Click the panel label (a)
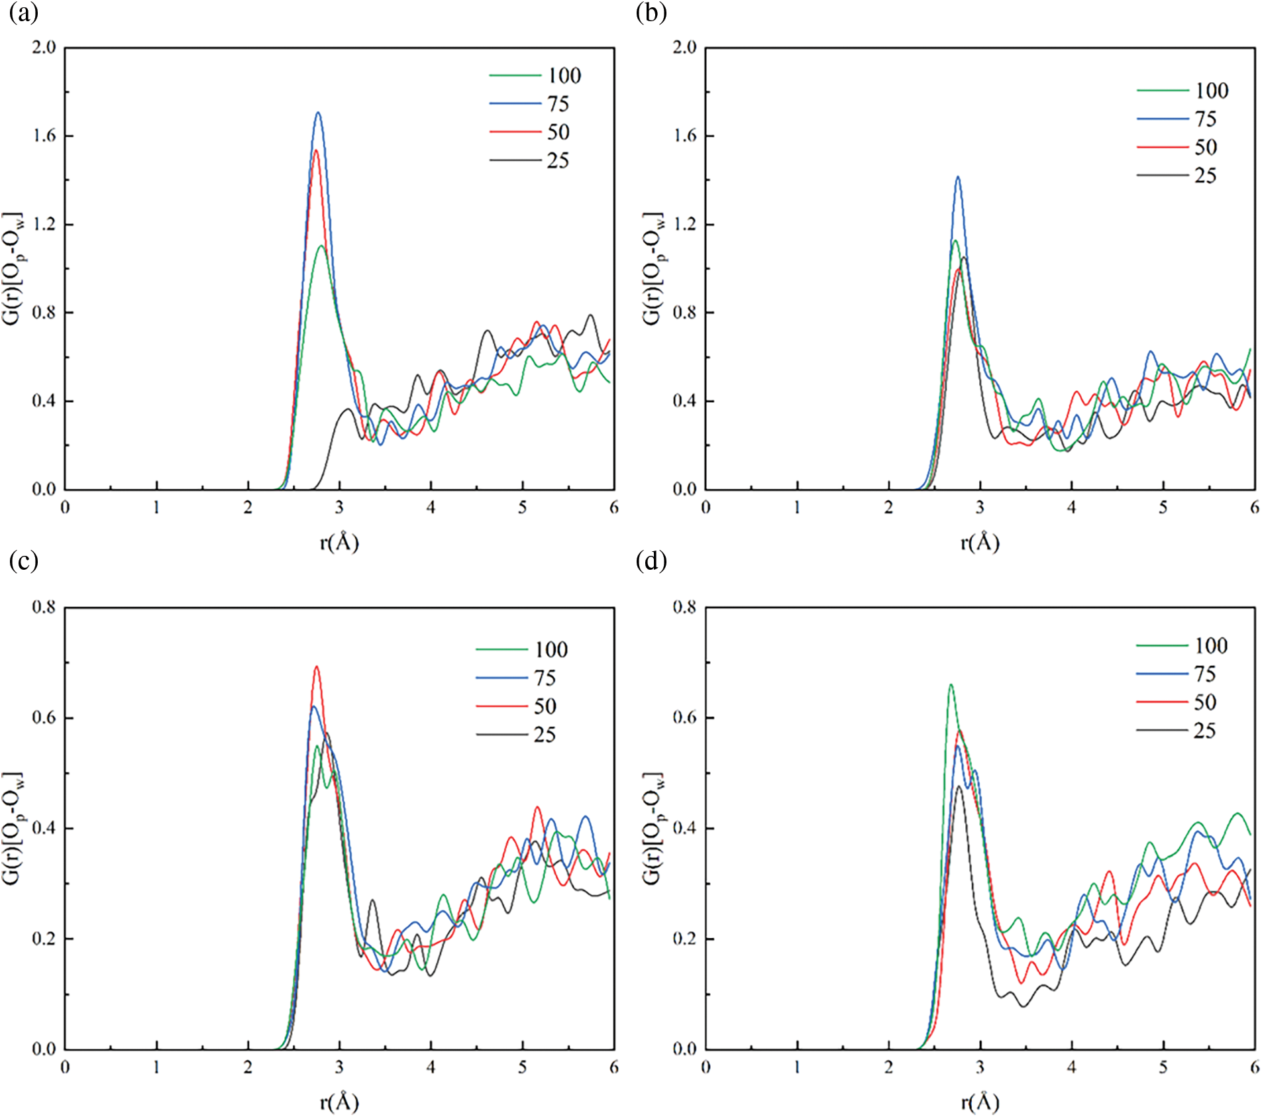pyautogui.click(x=24, y=13)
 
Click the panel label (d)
pyautogui.click(x=651, y=561)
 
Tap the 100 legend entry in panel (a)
pyautogui.click(x=535, y=76)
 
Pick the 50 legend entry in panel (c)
pyautogui.click(x=516, y=706)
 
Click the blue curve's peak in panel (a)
pyautogui.click(x=318, y=113)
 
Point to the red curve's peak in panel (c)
pyautogui.click(x=316, y=667)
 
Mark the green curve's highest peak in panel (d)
pyautogui.click(x=951, y=685)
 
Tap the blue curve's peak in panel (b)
pyautogui.click(x=957, y=178)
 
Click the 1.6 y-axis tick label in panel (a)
pyautogui.click(x=44, y=136)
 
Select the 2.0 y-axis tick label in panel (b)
pyautogui.click(x=684, y=47)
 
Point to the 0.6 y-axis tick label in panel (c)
pyautogui.click(x=44, y=718)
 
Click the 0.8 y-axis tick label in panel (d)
pyautogui.click(x=684, y=607)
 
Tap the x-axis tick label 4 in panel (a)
pyautogui.click(x=431, y=507)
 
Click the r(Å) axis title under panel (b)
pyautogui.click(x=980, y=543)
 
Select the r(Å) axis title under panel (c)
pyautogui.click(x=339, y=1102)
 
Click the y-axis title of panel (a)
pyautogui.click(x=14, y=268)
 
